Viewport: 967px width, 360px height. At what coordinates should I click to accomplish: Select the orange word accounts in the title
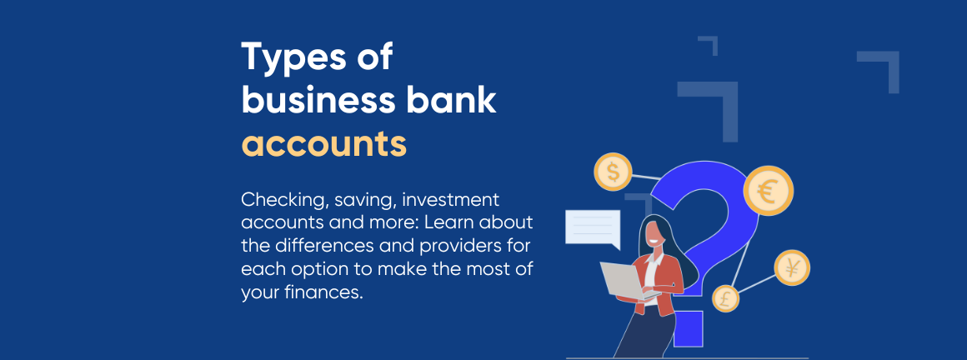click(323, 144)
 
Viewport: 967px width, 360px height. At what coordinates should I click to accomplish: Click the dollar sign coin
click(613, 172)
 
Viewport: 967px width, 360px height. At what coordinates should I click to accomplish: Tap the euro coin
click(768, 190)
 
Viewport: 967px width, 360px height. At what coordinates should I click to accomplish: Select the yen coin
click(790, 268)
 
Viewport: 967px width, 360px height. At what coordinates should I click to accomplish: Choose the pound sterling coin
click(725, 298)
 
